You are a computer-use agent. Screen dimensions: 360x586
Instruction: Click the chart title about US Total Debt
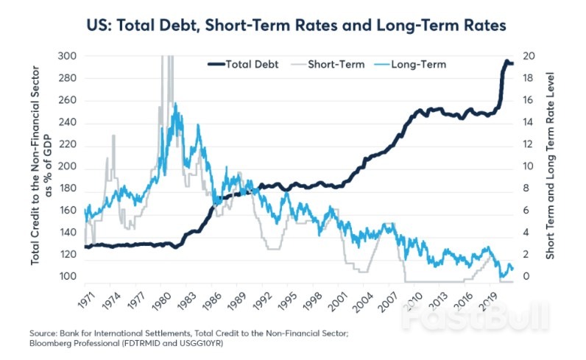click(x=292, y=24)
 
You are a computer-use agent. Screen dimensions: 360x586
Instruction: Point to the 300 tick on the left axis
click(x=66, y=57)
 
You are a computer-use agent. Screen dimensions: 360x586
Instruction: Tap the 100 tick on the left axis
click(x=66, y=277)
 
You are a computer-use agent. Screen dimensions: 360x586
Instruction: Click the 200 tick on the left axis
click(x=66, y=166)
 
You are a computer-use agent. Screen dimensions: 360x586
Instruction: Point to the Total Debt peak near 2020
click(x=506, y=62)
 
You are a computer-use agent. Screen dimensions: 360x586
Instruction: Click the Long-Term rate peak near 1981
click(x=174, y=105)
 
